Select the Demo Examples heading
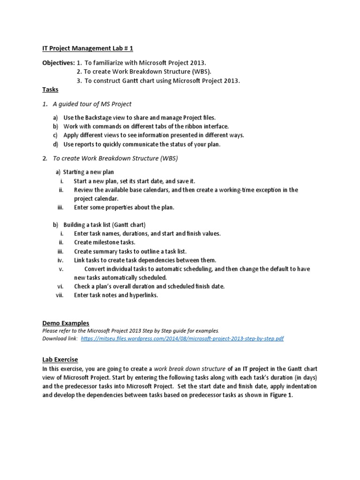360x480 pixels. (x=66, y=323)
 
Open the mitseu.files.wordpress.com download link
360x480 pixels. (x=182, y=338)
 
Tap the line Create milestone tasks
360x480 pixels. (x=104, y=242)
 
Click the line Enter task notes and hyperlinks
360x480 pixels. (x=116, y=295)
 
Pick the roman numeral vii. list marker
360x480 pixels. (x=60, y=295)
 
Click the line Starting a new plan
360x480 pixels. (x=89, y=172)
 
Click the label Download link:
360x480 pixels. (x=60, y=338)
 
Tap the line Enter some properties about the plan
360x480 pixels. (x=124, y=207)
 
